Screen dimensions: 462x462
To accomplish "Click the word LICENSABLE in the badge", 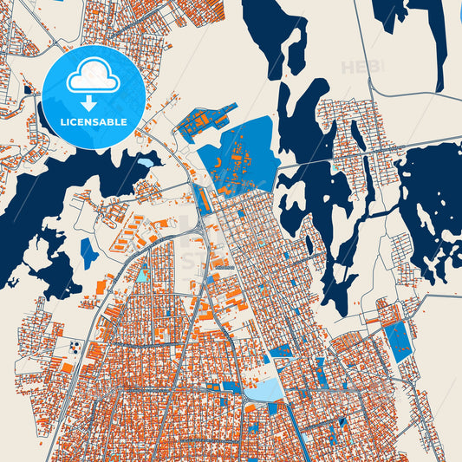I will [x=93, y=121].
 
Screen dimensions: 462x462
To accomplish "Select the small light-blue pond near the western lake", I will [x=145, y=161].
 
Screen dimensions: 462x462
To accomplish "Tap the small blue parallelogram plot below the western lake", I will [x=88, y=251].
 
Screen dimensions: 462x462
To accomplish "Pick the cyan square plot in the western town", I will [x=141, y=276].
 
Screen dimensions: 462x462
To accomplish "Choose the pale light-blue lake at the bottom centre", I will [x=264, y=390].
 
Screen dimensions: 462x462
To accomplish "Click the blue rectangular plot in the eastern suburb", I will [x=399, y=342].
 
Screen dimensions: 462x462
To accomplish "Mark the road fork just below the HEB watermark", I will [x=371, y=88].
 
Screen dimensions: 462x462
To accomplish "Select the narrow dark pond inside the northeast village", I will [x=358, y=135].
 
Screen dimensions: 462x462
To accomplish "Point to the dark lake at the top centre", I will [x=276, y=35].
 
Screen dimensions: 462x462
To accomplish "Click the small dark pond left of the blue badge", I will [x=28, y=89].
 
